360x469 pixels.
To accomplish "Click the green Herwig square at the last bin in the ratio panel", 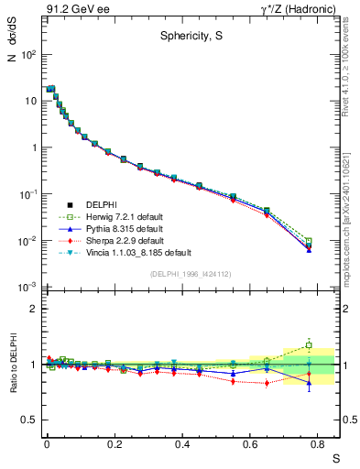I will click(x=309, y=345).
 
